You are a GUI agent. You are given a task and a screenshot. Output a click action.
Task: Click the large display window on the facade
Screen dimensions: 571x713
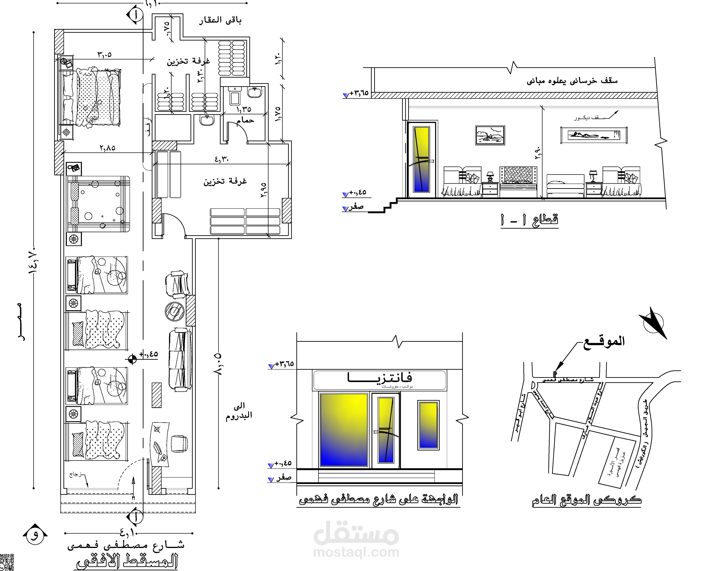click(344, 430)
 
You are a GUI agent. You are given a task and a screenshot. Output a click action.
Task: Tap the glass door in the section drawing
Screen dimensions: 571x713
click(421, 160)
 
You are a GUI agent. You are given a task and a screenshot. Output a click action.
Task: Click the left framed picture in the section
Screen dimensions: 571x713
click(490, 135)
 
